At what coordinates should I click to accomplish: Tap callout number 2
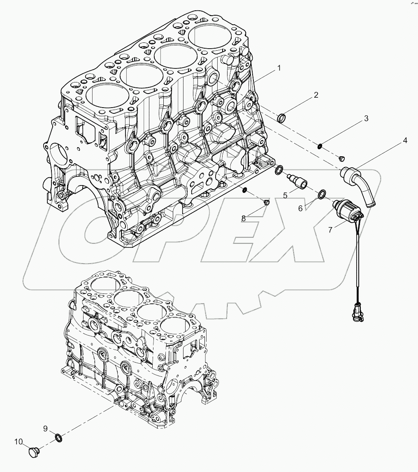(x=316, y=95)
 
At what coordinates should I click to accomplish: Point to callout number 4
(x=405, y=141)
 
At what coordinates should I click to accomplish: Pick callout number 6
(x=301, y=209)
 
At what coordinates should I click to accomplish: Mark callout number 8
(x=244, y=218)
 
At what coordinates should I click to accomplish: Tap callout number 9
(x=45, y=428)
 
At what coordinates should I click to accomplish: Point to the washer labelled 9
(x=58, y=437)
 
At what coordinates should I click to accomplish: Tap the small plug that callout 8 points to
(x=266, y=202)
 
